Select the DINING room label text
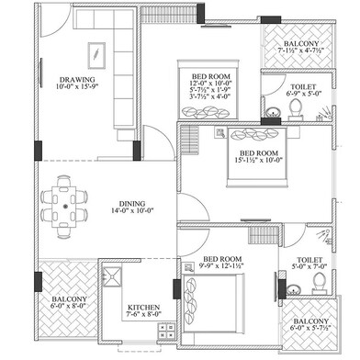coord(132,204)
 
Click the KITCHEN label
coord(144,309)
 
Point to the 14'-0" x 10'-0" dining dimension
coord(132,213)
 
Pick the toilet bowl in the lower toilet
coord(316,276)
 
